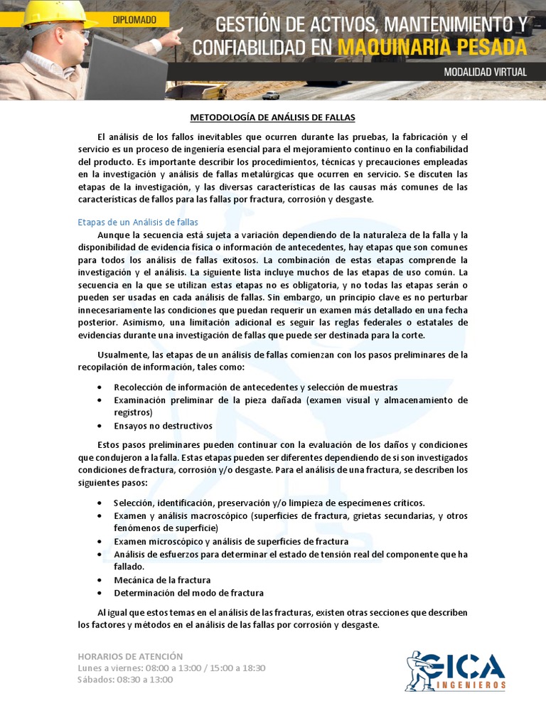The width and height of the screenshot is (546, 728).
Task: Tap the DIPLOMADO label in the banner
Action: coord(134,20)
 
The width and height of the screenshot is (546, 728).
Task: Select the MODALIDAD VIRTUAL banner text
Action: coord(484,72)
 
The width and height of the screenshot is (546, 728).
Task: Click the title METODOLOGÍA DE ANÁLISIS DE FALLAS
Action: coord(272,117)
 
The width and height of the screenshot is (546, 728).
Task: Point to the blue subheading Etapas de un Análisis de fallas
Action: coord(138,223)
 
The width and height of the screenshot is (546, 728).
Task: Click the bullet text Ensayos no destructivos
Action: coord(163,426)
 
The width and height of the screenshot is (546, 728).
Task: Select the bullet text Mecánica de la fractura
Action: coord(162,579)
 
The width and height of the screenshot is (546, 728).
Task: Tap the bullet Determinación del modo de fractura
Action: coord(188,592)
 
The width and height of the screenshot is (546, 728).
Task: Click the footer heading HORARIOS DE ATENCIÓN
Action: coord(130,656)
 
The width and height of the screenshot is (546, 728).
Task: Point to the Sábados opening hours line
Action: coord(125,679)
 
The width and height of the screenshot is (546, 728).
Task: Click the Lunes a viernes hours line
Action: coord(171,668)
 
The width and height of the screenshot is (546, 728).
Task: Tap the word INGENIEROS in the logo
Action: coord(472,685)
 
